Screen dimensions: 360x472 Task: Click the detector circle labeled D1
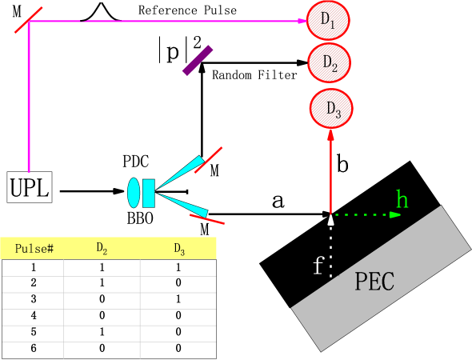[328, 21]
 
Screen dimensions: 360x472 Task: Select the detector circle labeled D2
[330, 62]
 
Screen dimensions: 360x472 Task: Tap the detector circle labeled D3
[331, 108]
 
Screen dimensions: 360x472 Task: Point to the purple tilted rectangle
[198, 60]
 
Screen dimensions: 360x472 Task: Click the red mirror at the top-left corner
[28, 20]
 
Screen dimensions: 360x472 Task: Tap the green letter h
[402, 200]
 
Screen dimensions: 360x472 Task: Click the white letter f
[318, 266]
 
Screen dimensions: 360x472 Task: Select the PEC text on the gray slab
[374, 282]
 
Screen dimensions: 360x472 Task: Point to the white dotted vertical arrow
[330, 244]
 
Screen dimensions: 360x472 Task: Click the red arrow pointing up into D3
[330, 168]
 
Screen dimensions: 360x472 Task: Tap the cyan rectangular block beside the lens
[148, 193]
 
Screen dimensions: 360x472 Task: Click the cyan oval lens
[134, 193]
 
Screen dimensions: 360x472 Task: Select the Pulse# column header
[34, 248]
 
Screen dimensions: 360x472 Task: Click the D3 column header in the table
[179, 248]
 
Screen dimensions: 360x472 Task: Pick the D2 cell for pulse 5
[102, 331]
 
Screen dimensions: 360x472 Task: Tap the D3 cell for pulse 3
[179, 298]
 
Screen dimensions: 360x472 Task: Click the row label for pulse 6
[34, 348]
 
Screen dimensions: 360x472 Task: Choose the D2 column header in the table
[102, 248]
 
